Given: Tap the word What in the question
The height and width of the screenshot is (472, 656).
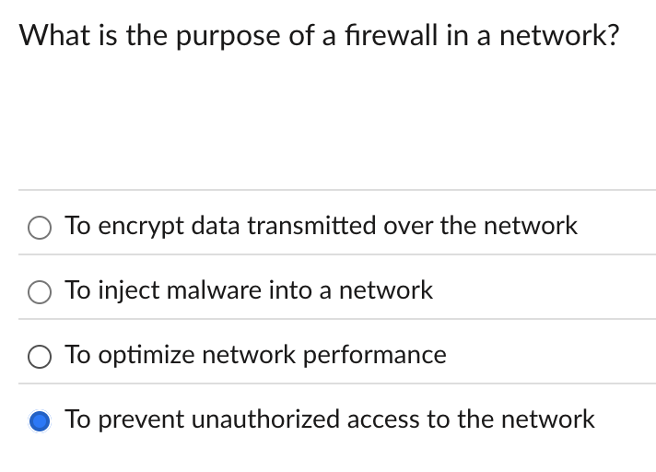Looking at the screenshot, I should click(55, 38).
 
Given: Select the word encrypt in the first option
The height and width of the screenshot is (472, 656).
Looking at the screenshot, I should click(138, 226).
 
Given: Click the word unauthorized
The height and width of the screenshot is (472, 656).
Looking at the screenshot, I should click(267, 419).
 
